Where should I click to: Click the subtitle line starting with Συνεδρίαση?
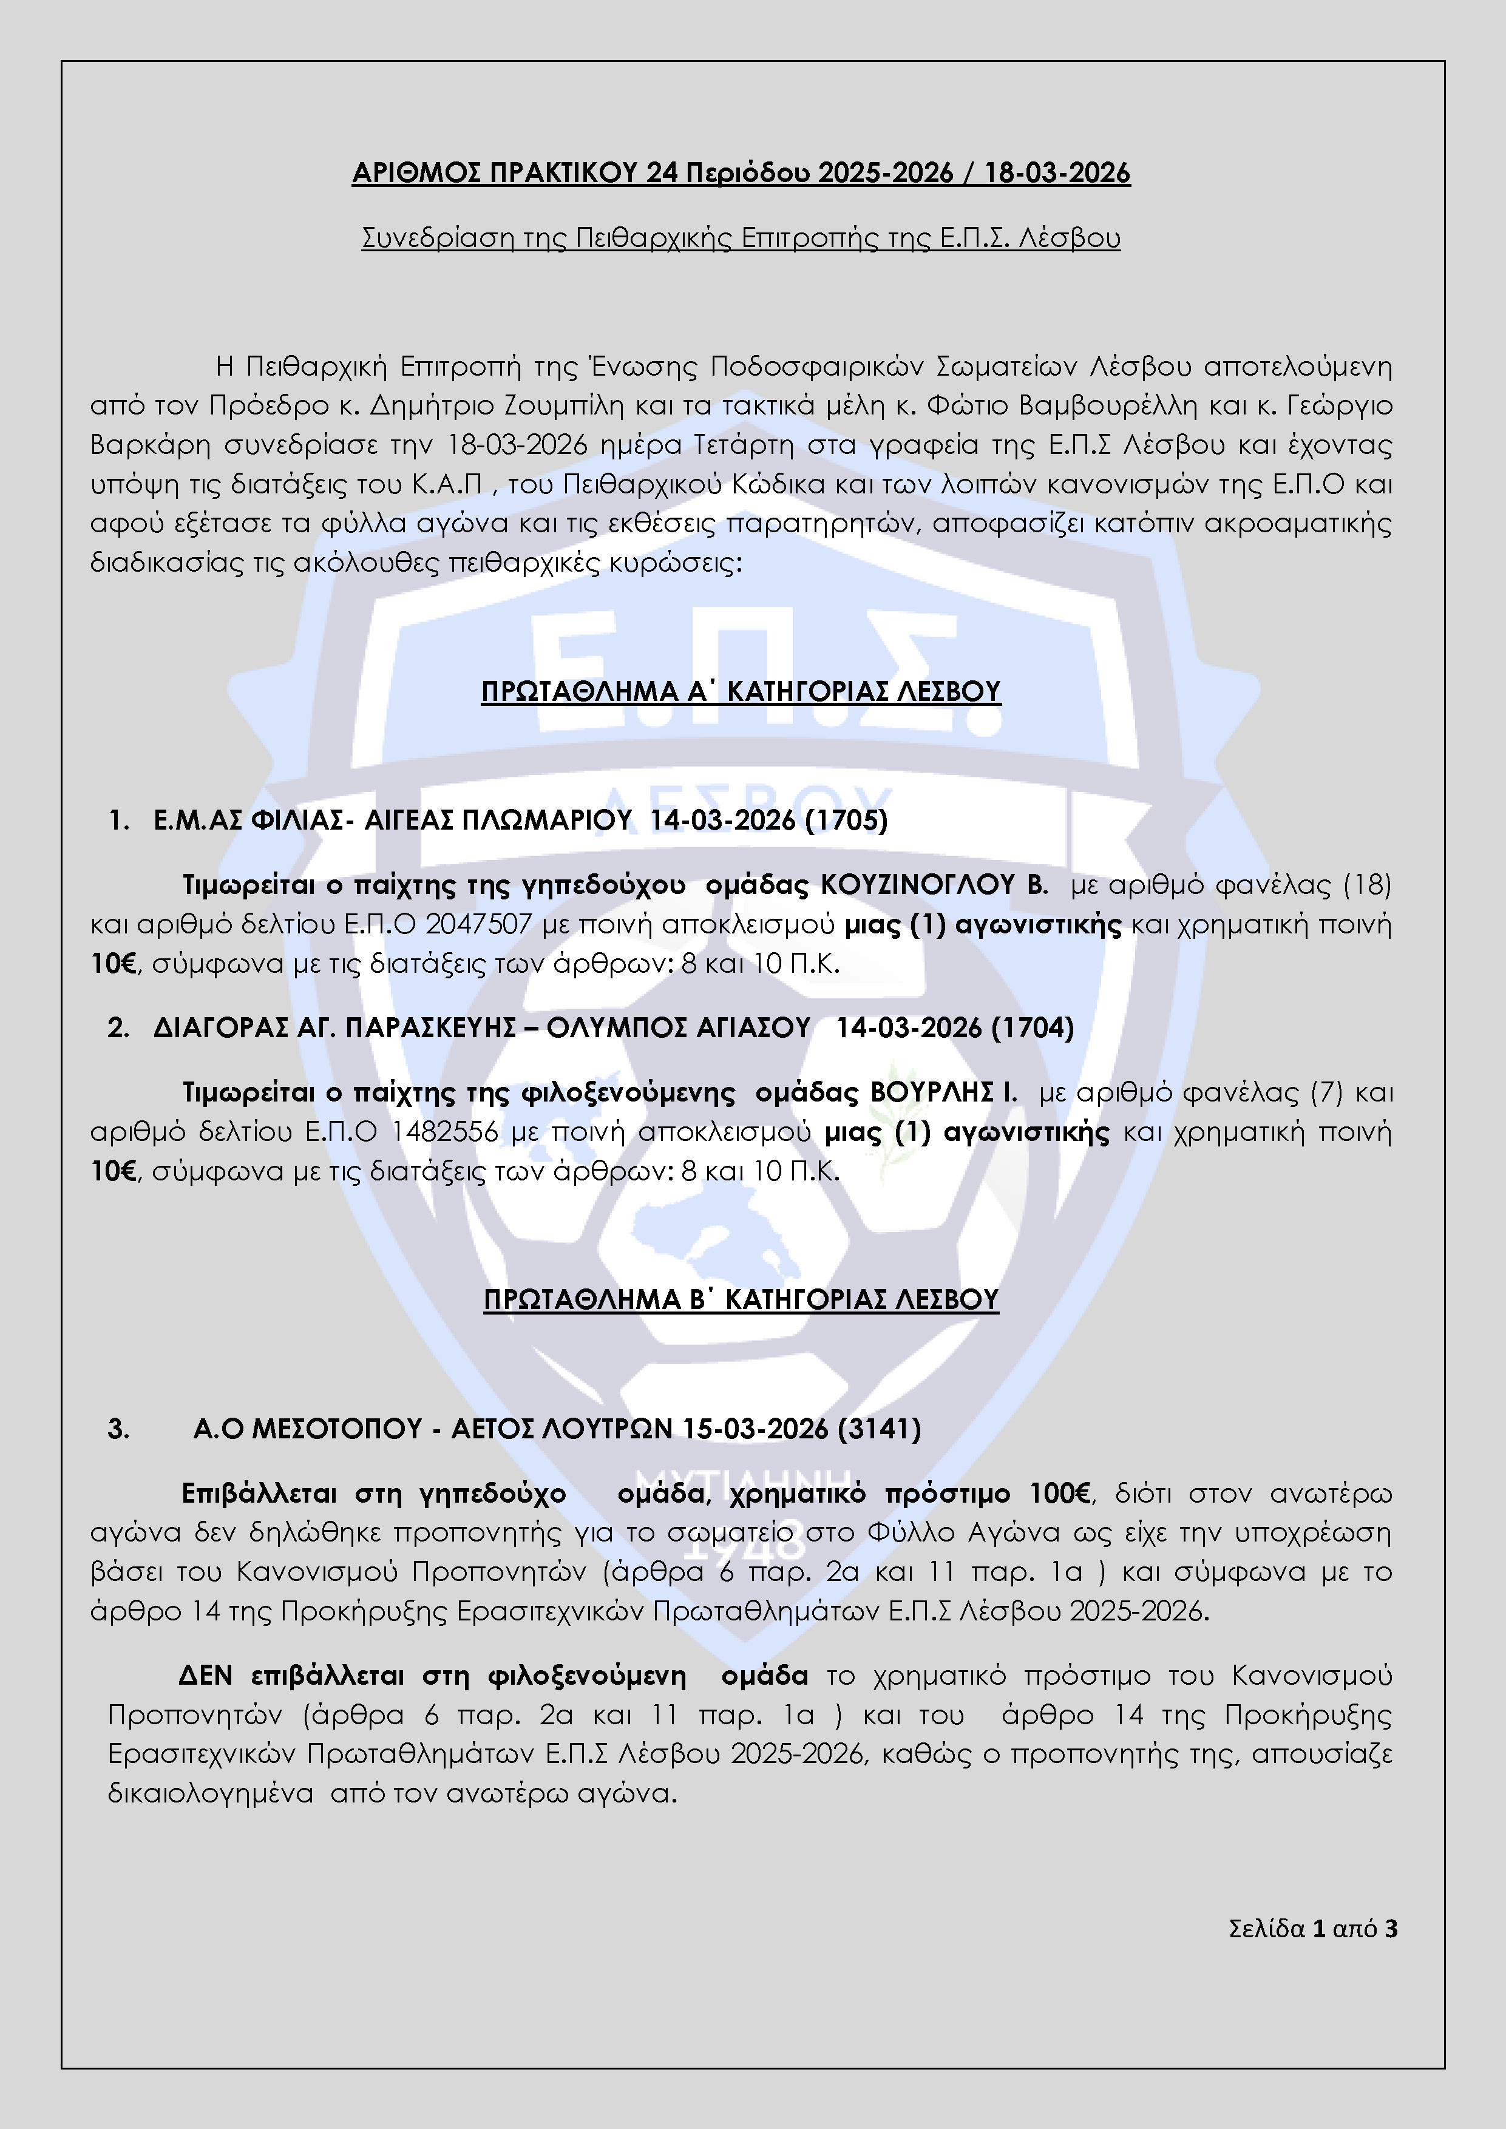pyautogui.click(x=740, y=239)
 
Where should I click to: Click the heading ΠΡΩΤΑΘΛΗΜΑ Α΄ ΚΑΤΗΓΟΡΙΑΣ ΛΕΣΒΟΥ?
pyautogui.click(x=740, y=692)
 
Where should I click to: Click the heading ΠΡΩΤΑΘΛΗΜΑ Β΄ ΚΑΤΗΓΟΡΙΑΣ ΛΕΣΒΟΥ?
pyautogui.click(x=740, y=1300)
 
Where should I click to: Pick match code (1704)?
pyautogui.click(x=1032, y=1027)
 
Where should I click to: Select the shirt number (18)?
pyautogui.click(x=1367, y=885)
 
